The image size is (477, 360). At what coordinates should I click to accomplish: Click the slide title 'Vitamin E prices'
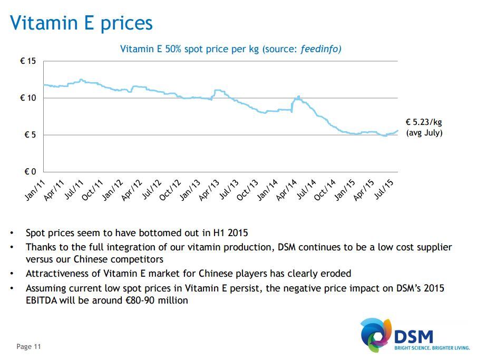point(82,23)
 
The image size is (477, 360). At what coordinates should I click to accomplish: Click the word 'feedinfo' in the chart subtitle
point(320,49)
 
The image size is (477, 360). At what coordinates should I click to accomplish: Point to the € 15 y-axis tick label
point(28,61)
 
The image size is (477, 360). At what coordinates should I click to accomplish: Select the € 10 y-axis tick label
point(28,98)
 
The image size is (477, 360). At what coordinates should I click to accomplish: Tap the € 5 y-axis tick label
point(30,135)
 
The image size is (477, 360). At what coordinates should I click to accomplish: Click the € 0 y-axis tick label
point(30,172)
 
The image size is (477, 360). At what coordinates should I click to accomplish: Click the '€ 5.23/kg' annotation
point(424,122)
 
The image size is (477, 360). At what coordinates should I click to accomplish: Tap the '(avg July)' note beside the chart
point(424,133)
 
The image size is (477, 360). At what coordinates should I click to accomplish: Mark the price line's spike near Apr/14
point(298,97)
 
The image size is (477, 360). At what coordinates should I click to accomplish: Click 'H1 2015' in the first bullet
point(230,232)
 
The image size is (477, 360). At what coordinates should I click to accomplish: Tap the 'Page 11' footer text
point(28,346)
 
